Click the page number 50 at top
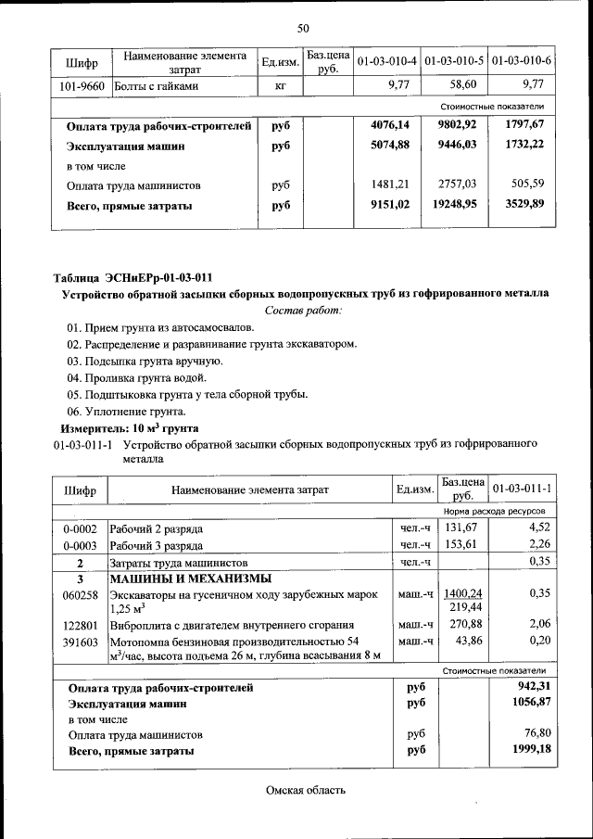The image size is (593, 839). click(x=303, y=29)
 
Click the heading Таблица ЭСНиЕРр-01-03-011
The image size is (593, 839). click(x=132, y=276)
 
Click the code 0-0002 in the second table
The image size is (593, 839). click(x=80, y=528)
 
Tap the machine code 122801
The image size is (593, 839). click(x=80, y=625)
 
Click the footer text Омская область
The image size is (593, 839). click(x=305, y=790)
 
